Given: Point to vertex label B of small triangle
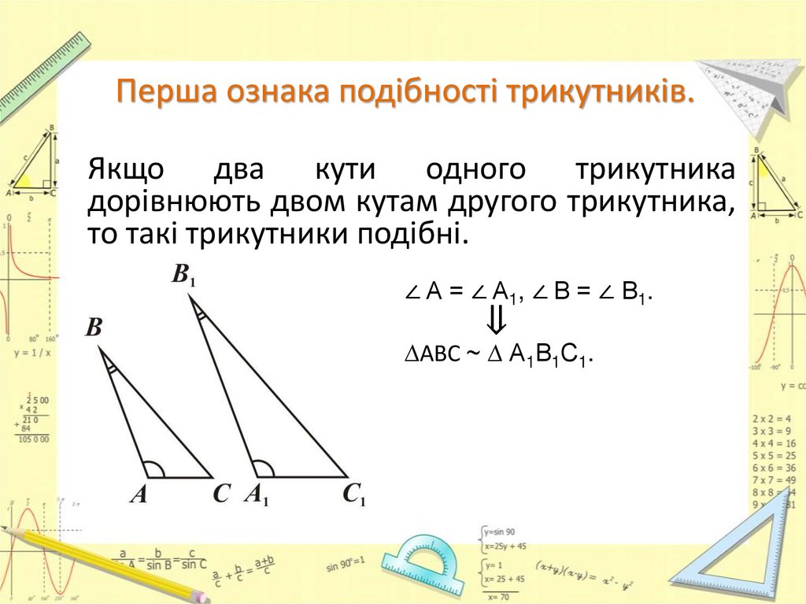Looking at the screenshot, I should click(x=94, y=327).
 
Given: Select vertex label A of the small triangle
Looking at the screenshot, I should click(x=139, y=495).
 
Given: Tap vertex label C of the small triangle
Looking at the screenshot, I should click(x=221, y=495).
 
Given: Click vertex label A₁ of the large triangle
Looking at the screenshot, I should click(x=257, y=495).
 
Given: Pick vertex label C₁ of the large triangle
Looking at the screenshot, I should click(x=353, y=495).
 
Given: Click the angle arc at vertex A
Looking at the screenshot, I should click(x=155, y=469).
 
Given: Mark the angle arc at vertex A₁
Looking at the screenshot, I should click(x=264, y=469).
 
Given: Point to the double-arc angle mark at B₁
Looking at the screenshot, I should click(x=201, y=315).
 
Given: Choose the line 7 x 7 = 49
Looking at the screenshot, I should click(x=773, y=480).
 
